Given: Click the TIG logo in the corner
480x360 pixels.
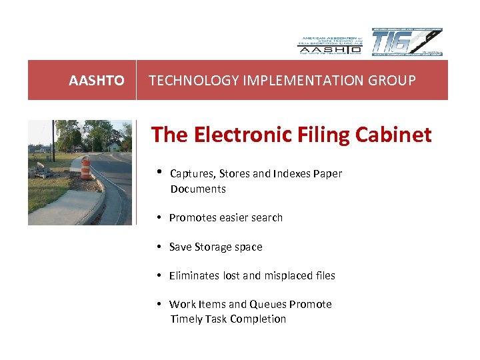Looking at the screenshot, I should click(x=407, y=42).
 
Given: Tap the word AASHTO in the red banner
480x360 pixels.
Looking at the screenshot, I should click(x=96, y=81).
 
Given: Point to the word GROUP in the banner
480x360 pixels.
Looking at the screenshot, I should click(x=393, y=81).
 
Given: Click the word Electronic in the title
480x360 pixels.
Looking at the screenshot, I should click(x=241, y=135).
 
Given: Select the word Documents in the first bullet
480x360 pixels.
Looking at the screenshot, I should click(x=198, y=189).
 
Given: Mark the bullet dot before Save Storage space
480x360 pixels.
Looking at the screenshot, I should click(x=160, y=247).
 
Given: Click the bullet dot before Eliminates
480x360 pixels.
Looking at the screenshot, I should click(x=160, y=275).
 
